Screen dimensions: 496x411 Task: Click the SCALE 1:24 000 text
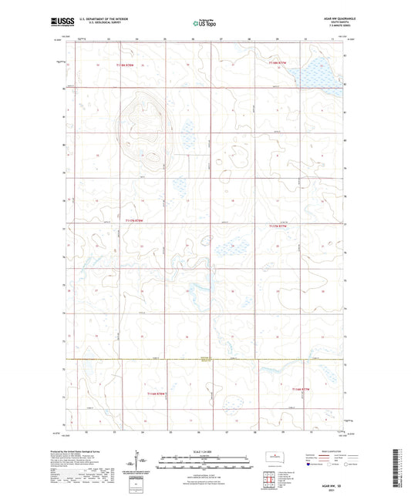[204, 452]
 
